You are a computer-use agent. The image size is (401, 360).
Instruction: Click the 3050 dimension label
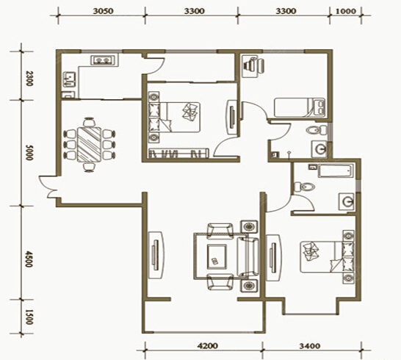[x=103, y=11]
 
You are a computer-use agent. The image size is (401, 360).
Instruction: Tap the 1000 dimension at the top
[x=345, y=11]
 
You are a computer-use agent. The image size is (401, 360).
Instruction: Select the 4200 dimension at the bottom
[x=208, y=346]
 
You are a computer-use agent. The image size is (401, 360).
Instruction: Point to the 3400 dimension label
[x=310, y=346]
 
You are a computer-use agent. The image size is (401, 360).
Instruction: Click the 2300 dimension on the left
[x=29, y=79]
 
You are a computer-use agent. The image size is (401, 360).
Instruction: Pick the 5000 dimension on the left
[x=29, y=153]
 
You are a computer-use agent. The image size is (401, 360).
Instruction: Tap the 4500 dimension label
[x=29, y=259]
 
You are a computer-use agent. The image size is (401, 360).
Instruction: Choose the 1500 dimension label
[x=29, y=317]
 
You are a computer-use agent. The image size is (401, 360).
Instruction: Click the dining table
[x=90, y=145]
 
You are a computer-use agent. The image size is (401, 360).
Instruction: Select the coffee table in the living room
[x=217, y=256]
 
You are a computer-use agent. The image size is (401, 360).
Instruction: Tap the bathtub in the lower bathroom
[x=336, y=171]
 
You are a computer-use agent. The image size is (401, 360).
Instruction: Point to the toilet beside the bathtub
[x=303, y=187]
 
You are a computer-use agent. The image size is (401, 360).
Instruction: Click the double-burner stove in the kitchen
[x=104, y=60]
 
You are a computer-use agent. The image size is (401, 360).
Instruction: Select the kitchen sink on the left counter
[x=69, y=79]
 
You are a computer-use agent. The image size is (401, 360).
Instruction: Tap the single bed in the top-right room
[x=300, y=108]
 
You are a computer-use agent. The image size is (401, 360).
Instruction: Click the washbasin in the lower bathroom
[x=347, y=201]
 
